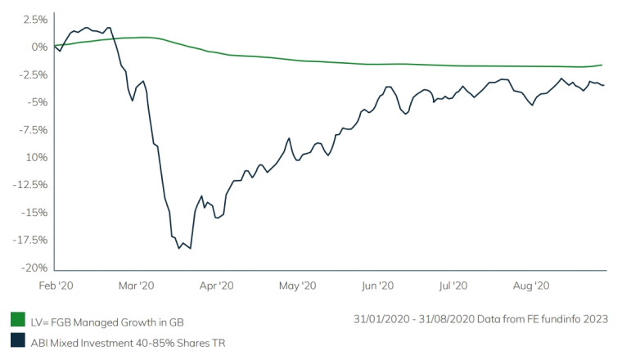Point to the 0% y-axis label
click(x=38, y=47)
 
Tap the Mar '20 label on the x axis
click(x=136, y=286)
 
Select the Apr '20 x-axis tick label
click(x=216, y=286)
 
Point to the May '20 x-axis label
click(x=297, y=286)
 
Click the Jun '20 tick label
click(x=378, y=286)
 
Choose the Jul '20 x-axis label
click(x=453, y=286)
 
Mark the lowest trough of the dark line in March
click(x=179, y=248)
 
